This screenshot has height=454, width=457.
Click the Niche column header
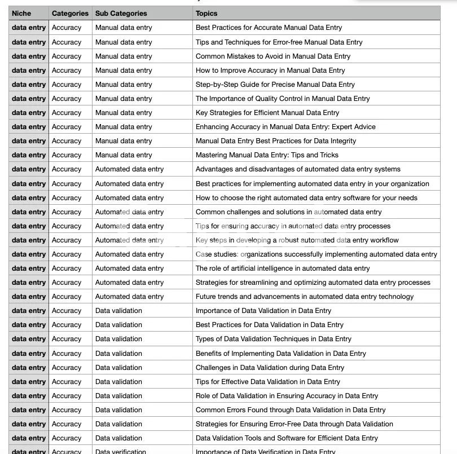pyautogui.click(x=21, y=13)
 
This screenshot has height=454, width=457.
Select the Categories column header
pyautogui.click(x=70, y=13)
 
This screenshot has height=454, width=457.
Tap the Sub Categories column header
pyautogui.click(x=121, y=13)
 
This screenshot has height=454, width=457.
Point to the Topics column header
pyautogui.click(x=206, y=13)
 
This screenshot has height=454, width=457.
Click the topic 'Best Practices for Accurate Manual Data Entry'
pyautogui.click(x=269, y=28)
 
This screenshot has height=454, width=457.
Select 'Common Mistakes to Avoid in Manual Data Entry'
pyautogui.click(x=273, y=56)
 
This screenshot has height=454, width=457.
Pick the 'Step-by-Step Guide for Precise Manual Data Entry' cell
pyautogui.click(x=275, y=85)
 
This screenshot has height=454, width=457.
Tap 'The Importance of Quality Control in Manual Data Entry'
pyautogui.click(x=283, y=99)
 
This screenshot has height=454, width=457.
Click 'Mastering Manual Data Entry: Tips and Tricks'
pyautogui.click(x=267, y=155)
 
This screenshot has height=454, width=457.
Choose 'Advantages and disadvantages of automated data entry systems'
pyautogui.click(x=298, y=169)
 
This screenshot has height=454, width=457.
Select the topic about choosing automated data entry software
pyautogui.click(x=306, y=198)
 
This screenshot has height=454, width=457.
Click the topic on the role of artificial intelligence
pyautogui.click(x=283, y=268)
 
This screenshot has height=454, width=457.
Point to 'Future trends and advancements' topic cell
pyautogui.click(x=305, y=297)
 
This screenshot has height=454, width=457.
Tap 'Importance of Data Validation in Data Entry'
pyautogui.click(x=263, y=311)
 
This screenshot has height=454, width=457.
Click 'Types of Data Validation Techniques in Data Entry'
pyautogui.click(x=274, y=339)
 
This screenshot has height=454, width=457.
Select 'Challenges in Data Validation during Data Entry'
pyautogui.click(x=270, y=368)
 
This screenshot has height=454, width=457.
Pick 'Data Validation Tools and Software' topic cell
pyautogui.click(x=287, y=438)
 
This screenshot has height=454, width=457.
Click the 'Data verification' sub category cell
pyautogui.click(x=121, y=451)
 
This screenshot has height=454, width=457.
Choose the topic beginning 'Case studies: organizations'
pyautogui.click(x=317, y=254)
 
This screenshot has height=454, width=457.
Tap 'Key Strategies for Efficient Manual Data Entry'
pyautogui.click(x=267, y=113)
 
